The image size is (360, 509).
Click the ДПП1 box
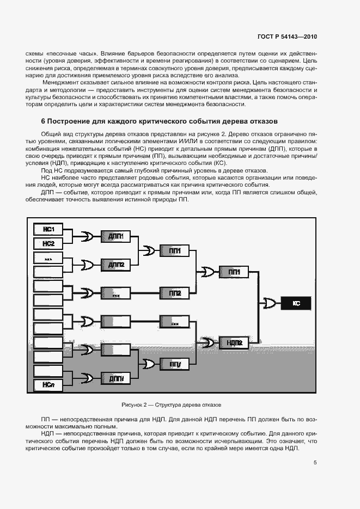tap(117, 236)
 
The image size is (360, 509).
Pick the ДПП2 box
tap(117, 265)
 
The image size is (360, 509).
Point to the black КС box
tap(297, 302)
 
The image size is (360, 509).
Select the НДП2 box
tap(234, 342)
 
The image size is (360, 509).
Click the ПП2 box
tap(175, 293)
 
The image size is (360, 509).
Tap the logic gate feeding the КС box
tap(269, 302)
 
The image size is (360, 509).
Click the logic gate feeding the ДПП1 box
tap(87, 236)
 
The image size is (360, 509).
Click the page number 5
tap(315, 463)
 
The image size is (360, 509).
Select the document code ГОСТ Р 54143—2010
tap(287, 36)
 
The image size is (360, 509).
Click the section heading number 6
tap(43, 121)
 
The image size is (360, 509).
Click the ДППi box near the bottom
tap(117, 378)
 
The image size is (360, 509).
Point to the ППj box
tap(175, 364)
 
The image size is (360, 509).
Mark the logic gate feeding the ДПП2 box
tap(87, 265)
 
